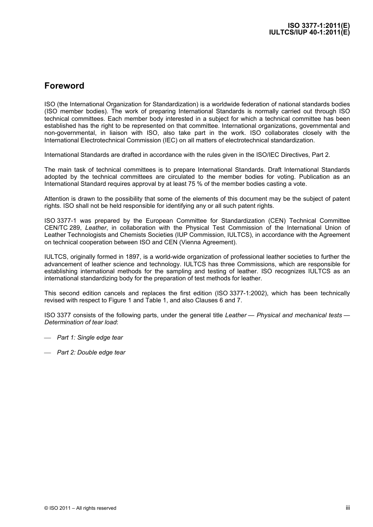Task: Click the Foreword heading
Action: [64, 86]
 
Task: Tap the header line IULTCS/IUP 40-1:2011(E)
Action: [309, 33]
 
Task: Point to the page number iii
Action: [347, 507]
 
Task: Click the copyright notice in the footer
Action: [80, 508]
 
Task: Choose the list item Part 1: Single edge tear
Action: [90, 338]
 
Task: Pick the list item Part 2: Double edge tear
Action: [91, 353]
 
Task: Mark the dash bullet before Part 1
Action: [48, 338]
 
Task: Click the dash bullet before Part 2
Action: [48, 353]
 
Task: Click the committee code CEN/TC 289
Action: [63, 228]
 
